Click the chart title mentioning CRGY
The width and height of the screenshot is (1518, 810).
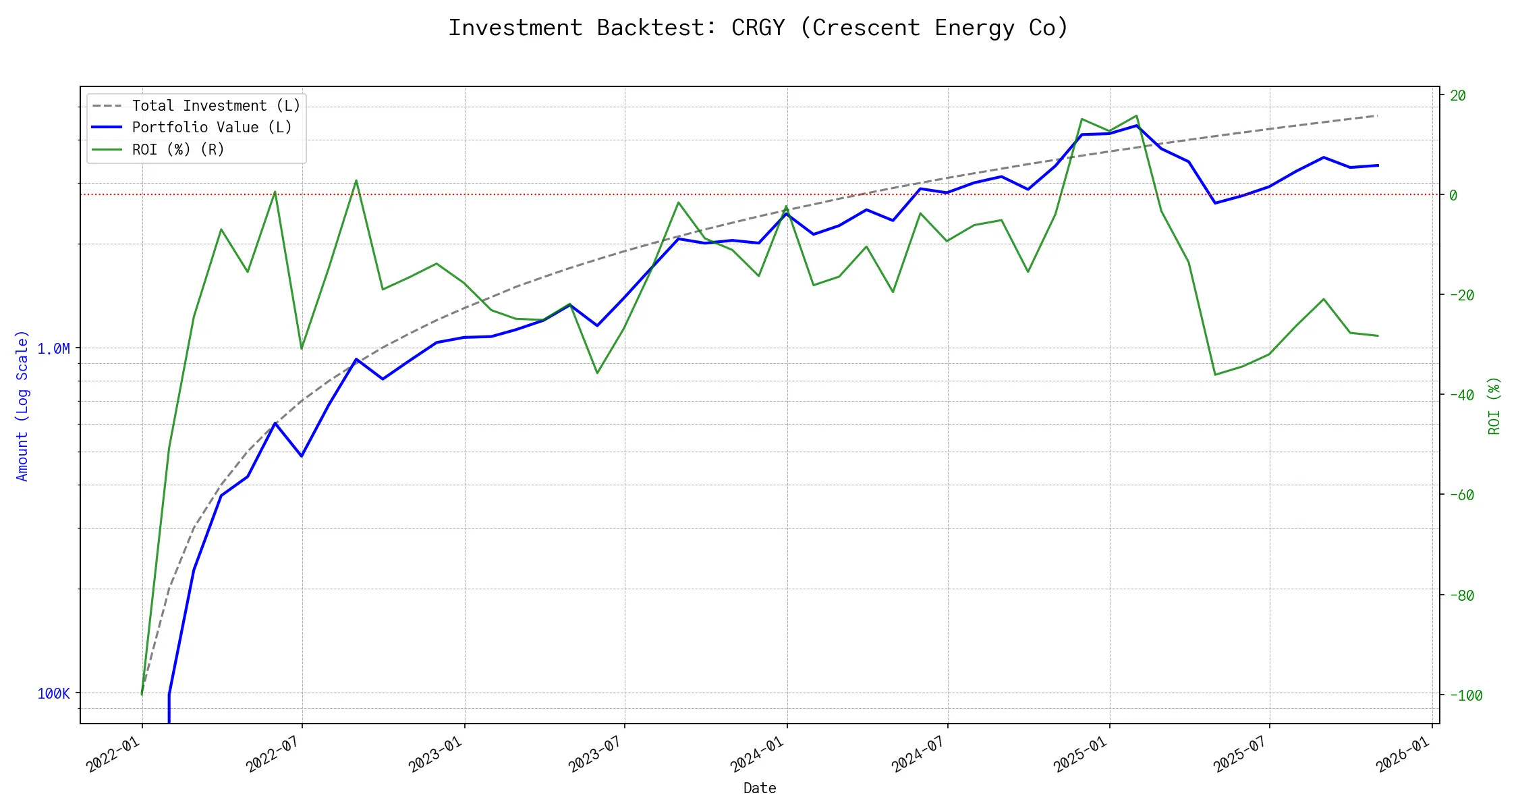758,28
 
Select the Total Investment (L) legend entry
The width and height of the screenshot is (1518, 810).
216,106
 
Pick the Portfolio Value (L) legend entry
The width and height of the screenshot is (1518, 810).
212,128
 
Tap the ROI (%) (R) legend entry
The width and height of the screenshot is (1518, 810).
178,149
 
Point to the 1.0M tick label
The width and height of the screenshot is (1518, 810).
53,348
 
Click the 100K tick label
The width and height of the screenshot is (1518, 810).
53,693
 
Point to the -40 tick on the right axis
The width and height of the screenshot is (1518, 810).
1461,395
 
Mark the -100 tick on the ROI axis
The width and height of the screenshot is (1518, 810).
1465,695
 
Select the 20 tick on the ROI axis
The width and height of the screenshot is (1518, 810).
1458,95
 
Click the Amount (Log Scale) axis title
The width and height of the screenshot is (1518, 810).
22,405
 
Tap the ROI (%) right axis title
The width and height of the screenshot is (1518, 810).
1494,405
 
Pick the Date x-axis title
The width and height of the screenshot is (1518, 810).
760,788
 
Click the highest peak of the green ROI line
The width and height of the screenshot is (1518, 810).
1136,115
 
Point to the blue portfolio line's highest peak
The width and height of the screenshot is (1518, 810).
1137,126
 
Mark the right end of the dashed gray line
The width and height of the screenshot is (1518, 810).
1377,116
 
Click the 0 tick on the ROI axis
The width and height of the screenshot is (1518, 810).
1453,195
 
